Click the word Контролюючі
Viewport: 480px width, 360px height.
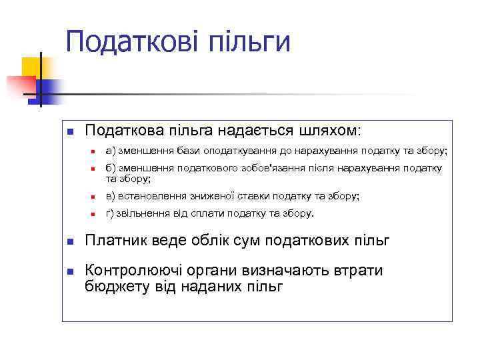(133, 271)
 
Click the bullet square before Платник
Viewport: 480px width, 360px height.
(69, 241)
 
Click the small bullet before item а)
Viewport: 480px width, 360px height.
(94, 152)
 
